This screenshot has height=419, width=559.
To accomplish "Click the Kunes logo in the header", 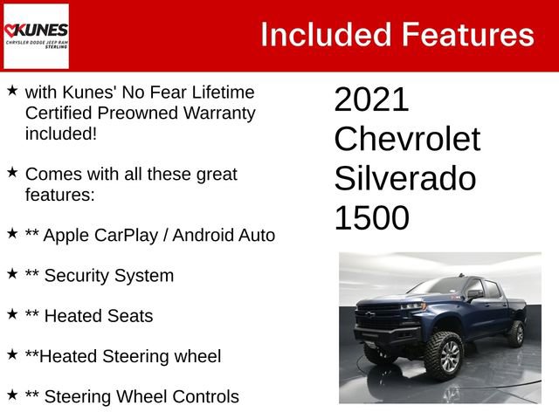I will point(36,36).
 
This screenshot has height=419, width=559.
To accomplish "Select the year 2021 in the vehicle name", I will point(371,100).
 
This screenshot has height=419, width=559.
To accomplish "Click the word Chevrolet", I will point(407,140).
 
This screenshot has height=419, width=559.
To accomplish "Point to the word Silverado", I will point(405,179).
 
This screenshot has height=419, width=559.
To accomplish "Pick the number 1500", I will point(371,218).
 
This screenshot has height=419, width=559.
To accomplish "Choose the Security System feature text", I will point(108,276).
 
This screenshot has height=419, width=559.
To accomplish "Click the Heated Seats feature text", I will point(98,316).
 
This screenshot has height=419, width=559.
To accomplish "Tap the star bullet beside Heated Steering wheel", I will point(12,354).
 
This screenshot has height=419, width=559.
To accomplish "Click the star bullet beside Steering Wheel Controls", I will point(12,395).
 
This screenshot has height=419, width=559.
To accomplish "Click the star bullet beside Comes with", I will point(12,173).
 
